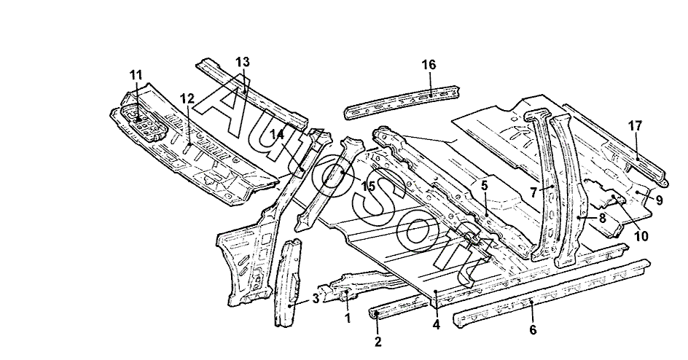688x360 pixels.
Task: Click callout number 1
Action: [348, 318]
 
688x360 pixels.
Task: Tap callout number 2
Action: [378, 340]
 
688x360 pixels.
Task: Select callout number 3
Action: [316, 297]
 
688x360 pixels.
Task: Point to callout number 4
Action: [436, 325]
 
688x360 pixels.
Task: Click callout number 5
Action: [484, 186]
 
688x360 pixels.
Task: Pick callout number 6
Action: [533, 329]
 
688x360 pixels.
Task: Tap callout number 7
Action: [533, 193]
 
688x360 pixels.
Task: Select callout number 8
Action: [602, 216]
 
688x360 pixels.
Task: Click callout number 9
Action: [659, 200]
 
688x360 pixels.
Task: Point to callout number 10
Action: [641, 235]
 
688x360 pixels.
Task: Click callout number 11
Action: [135, 74]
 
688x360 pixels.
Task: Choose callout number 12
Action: [187, 98]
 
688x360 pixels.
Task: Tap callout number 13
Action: [242, 61]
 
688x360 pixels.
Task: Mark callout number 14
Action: [278, 133]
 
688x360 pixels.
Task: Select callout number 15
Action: [369, 187]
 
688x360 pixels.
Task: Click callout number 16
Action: [428, 65]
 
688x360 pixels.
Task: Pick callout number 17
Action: [634, 125]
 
